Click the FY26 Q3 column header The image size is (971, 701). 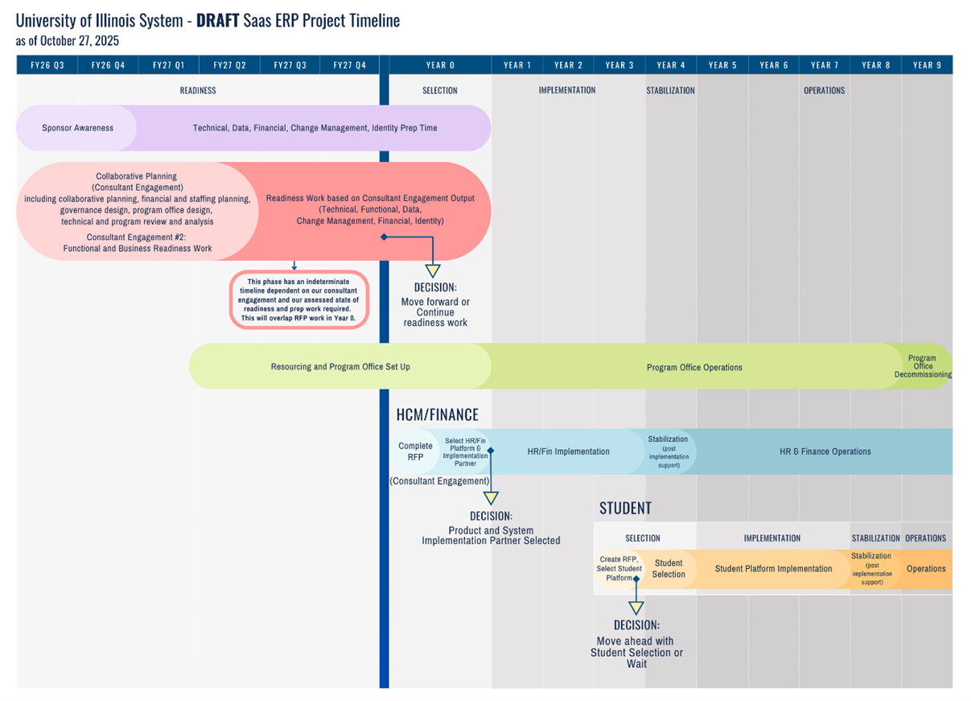[47, 65]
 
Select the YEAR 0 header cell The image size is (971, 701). [440, 65]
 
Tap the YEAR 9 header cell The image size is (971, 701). [927, 65]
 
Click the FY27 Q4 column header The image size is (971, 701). [350, 65]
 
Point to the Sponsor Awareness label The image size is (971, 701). [77, 128]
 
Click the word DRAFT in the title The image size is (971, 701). [217, 21]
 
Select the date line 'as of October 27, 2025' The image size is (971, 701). [67, 41]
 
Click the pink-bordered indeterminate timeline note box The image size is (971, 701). [299, 299]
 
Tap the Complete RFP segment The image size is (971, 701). [415, 452]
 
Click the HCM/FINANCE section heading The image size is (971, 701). [437, 415]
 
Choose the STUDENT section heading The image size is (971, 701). [625, 509]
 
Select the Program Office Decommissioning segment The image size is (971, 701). [922, 366]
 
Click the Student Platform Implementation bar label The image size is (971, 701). [773, 569]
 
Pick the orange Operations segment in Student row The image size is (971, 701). [926, 569]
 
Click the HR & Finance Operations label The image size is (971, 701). [825, 452]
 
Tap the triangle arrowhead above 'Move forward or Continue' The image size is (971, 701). [433, 271]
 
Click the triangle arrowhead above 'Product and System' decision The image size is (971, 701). [491, 499]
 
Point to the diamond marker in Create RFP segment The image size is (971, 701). [636, 578]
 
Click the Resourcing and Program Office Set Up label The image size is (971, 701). [339, 367]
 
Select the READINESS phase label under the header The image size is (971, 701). [198, 91]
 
